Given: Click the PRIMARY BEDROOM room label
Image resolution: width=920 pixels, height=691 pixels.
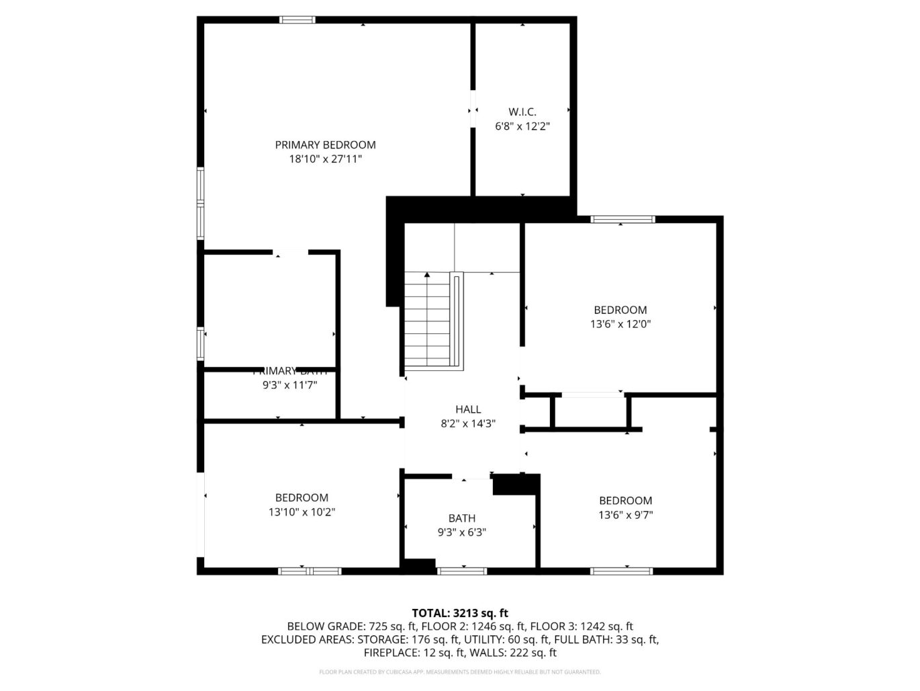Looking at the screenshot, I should click(x=325, y=145).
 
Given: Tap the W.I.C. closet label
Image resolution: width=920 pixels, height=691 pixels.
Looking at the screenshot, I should click(x=522, y=112).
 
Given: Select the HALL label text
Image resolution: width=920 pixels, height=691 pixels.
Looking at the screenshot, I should click(x=468, y=409).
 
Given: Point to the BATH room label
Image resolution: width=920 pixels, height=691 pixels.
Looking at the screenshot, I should click(x=461, y=518).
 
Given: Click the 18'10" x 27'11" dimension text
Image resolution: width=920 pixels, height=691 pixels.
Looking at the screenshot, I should click(x=325, y=159).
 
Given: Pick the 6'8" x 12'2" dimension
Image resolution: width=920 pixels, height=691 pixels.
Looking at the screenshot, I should click(x=522, y=126).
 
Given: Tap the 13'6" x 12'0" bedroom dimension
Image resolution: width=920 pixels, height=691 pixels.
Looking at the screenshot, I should click(x=620, y=324).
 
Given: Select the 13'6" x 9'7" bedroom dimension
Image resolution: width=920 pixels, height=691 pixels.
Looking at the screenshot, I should click(x=625, y=515).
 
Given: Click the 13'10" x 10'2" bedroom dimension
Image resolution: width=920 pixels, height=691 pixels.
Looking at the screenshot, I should click(x=302, y=512).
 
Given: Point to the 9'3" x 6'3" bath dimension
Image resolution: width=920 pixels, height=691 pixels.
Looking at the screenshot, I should click(x=461, y=532).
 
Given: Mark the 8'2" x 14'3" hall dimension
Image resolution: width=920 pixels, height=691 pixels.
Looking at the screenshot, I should click(x=468, y=423).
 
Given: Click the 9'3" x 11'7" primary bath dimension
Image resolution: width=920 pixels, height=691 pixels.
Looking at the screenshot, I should click(x=289, y=385).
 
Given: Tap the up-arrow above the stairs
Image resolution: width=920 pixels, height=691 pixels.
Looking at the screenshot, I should click(x=427, y=275).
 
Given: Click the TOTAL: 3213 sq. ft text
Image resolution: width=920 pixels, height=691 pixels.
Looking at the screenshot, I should click(x=459, y=613).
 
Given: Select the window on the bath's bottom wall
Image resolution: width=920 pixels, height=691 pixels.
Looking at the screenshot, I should click(x=461, y=571).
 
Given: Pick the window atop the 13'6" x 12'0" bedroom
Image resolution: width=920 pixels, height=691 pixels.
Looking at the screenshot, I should click(x=623, y=219).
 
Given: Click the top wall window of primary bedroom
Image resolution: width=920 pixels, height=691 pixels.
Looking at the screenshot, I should click(x=297, y=20).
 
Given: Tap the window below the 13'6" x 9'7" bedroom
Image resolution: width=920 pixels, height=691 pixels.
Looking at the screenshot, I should click(x=621, y=571).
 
